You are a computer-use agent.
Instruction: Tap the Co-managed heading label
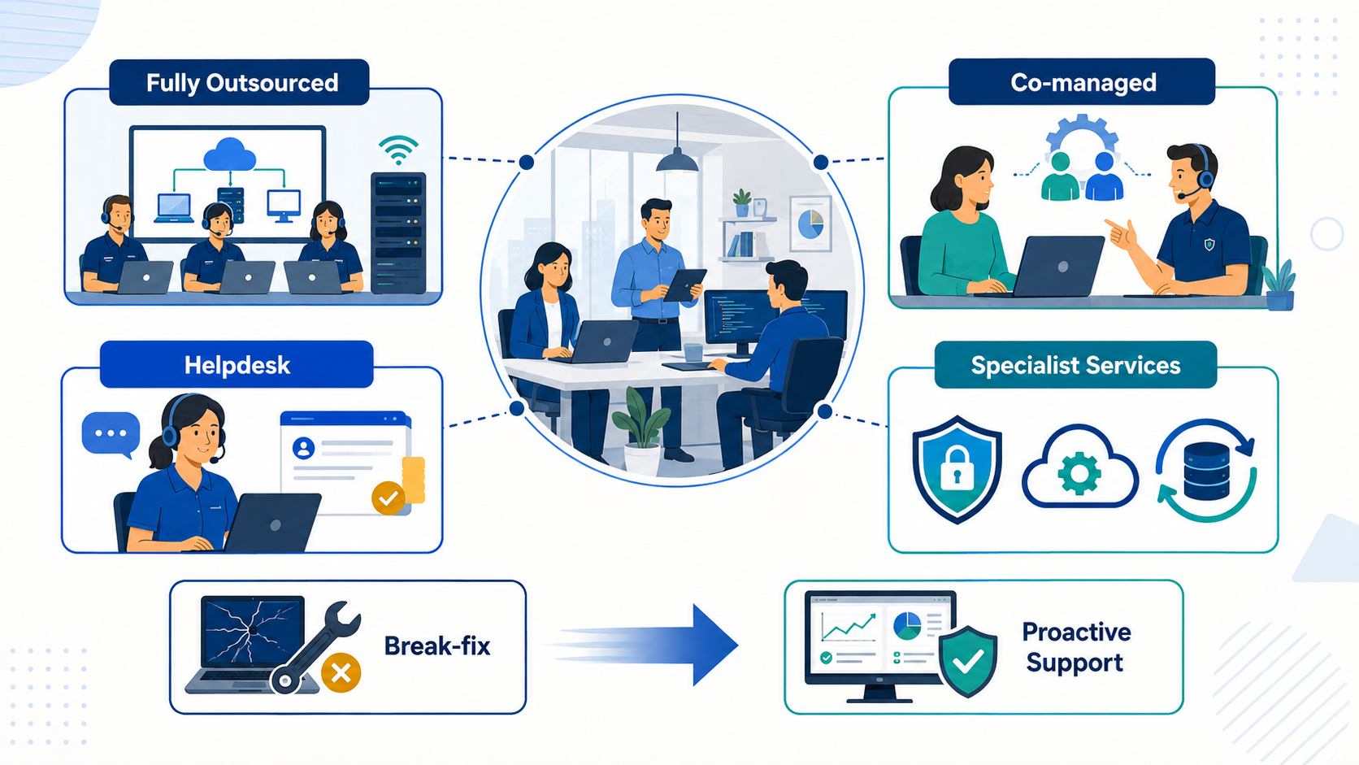[1082, 82]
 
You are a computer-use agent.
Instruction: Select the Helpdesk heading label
[237, 364]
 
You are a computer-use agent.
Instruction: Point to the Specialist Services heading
[1075, 364]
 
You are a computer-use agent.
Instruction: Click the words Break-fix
[436, 646]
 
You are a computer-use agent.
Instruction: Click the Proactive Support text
[1075, 646]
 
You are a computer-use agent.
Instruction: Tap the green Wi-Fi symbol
[398, 150]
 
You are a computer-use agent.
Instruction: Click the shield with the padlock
[957, 469]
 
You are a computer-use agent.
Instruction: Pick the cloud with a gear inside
[1079, 467]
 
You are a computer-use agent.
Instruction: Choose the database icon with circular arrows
[1206, 470]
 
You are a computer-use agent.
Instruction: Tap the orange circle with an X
[341, 673]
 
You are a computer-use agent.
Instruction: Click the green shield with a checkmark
[968, 661]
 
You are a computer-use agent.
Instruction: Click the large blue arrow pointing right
[646, 645]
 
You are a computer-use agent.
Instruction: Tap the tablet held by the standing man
[684, 285]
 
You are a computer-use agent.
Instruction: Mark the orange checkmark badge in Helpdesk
[389, 498]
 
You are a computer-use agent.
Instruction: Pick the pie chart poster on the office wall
[810, 224]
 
